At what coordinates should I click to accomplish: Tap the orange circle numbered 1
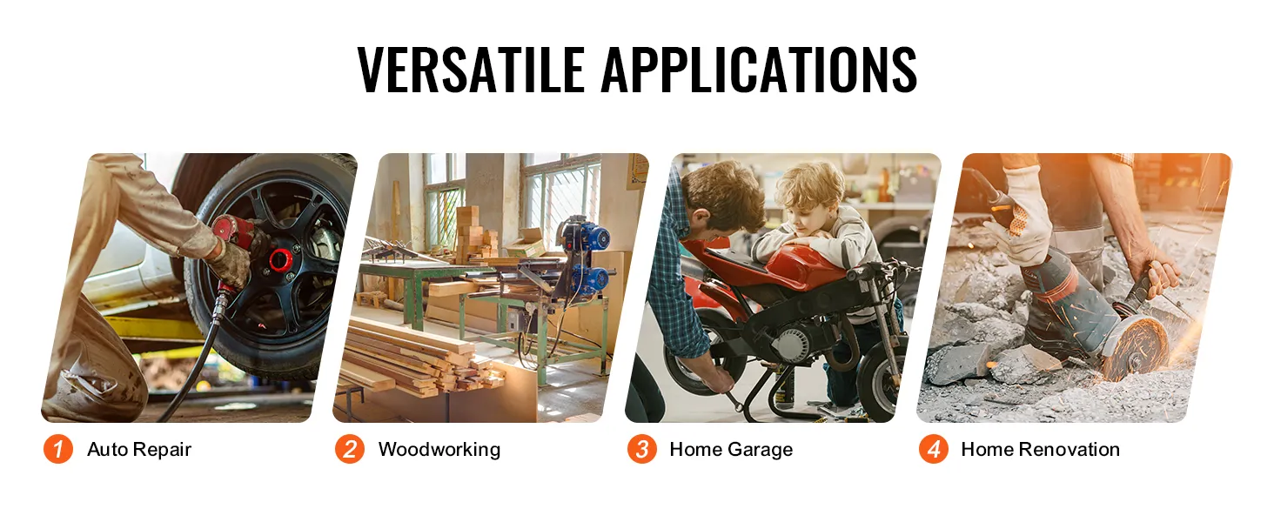click(x=58, y=449)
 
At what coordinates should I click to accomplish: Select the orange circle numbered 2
click(x=350, y=449)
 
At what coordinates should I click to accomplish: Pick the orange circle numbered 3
click(x=642, y=449)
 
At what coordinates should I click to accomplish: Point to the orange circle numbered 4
click(x=934, y=449)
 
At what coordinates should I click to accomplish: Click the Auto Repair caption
click(x=139, y=449)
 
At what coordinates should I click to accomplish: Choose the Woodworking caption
click(x=439, y=449)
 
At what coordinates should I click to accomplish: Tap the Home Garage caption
click(x=731, y=449)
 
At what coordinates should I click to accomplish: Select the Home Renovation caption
click(x=1041, y=449)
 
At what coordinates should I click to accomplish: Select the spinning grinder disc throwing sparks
click(x=1136, y=348)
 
